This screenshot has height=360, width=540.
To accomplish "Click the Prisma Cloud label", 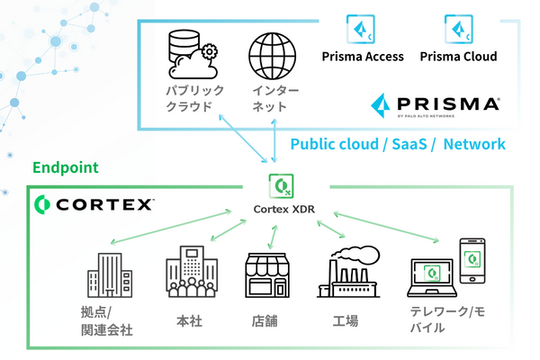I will pos(459,57).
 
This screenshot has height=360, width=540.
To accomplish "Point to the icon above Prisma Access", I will pos(361,27).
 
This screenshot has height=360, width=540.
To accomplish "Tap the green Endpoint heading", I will pos(65,168).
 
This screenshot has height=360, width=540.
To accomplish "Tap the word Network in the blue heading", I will pos(474,144).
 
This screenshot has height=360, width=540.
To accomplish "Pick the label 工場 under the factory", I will pos(345,319).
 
